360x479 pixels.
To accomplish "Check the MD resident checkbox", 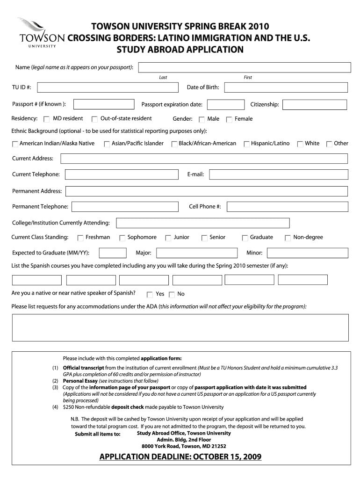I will (47, 119).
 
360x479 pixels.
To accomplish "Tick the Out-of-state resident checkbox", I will (94, 119).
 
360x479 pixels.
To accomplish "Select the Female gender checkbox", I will (229, 120).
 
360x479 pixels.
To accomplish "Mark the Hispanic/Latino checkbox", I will (246, 144).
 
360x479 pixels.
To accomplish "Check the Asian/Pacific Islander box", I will (107, 144).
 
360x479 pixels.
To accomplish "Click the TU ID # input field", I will (108, 87).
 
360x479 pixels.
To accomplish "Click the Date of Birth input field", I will (285, 87).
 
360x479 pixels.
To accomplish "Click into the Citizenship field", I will (315, 104).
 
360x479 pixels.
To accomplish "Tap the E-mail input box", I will (279, 174).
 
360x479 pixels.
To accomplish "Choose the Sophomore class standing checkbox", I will (122, 238).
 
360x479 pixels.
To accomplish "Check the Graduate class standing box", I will (245, 238).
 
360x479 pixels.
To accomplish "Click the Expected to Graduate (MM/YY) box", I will (113, 253).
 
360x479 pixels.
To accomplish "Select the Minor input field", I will (307, 253).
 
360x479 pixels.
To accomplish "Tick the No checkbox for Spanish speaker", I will (172, 295).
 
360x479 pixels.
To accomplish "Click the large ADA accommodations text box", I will (180, 327).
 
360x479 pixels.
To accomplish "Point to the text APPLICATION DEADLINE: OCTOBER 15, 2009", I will (180, 457).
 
